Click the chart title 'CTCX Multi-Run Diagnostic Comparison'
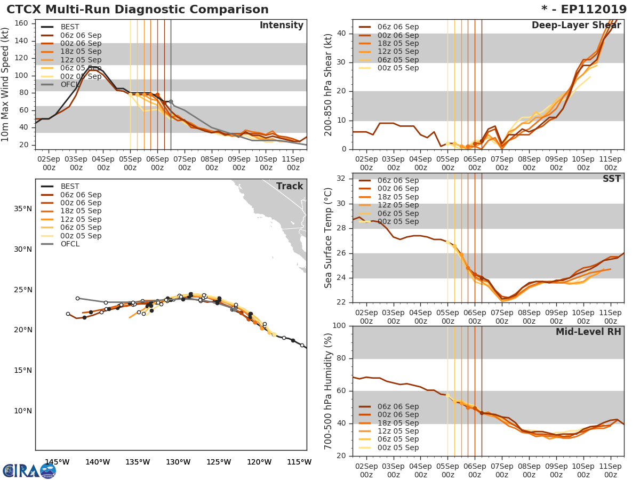pyautogui.click(x=138, y=10)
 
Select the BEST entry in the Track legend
pyautogui.click(x=69, y=187)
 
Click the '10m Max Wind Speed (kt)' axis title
pyautogui.click(x=6, y=85)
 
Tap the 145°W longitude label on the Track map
pyautogui.click(x=57, y=462)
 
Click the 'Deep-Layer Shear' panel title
pyautogui.click(x=576, y=26)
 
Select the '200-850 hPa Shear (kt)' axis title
pyautogui.click(x=329, y=84)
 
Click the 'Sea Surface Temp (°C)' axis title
pyautogui.click(x=329, y=237)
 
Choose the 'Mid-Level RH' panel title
pyautogui.click(x=588, y=332)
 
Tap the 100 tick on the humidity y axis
pyautogui.click(x=340, y=326)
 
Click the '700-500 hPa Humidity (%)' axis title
pyautogui.click(x=329, y=390)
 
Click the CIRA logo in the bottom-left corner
pyautogui.click(x=29, y=470)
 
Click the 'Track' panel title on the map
pyautogui.click(x=289, y=187)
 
